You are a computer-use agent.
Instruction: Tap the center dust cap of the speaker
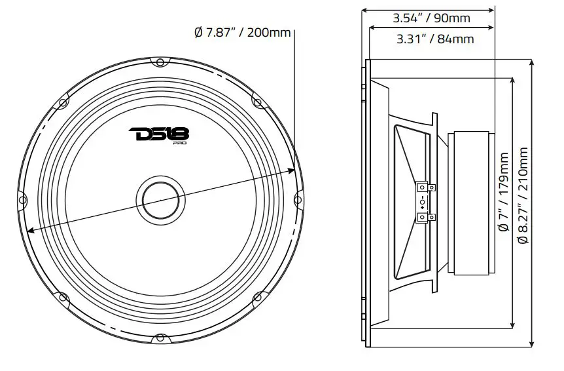158,197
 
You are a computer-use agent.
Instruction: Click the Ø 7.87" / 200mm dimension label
242,33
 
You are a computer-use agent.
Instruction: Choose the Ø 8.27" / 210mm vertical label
523,195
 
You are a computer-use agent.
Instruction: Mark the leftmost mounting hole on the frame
21,199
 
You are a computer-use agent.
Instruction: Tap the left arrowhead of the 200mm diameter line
29,229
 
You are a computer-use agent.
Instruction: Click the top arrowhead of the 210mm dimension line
534,60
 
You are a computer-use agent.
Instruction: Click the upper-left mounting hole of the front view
63,102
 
